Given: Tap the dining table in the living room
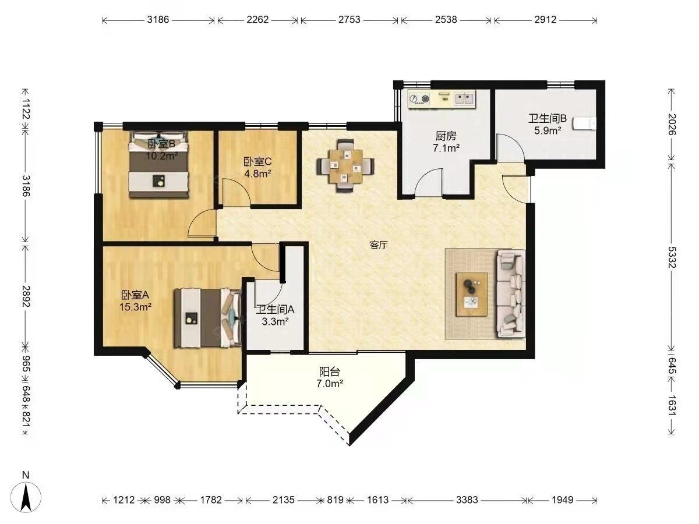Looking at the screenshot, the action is [345, 166].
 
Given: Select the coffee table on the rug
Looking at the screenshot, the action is [472, 294].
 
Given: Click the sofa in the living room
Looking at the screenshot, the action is [510, 293].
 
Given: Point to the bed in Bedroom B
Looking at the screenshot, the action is [158, 165].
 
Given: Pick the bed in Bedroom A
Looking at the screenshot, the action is [207, 318].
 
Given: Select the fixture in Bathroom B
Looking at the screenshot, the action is [584, 123].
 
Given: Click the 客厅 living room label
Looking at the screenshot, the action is [379, 245].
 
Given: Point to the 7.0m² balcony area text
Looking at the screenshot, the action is [329, 384].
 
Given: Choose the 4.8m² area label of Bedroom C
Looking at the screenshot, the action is [257, 174].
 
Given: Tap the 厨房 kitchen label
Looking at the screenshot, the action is [446, 136].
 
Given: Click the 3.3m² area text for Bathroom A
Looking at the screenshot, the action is [275, 321].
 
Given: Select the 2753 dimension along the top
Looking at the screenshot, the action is [349, 20].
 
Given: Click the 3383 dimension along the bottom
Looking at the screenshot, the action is [467, 500].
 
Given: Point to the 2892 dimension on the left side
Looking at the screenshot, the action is [26, 296].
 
